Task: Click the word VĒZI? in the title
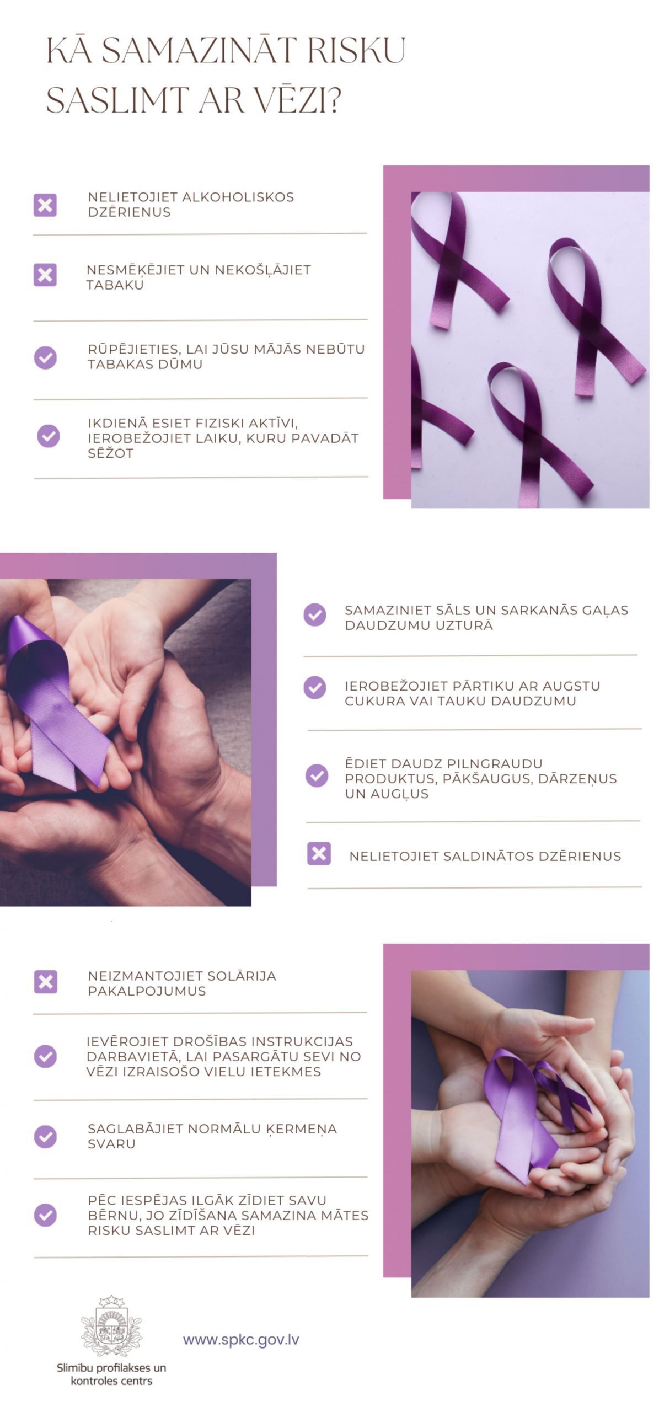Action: tap(287, 99)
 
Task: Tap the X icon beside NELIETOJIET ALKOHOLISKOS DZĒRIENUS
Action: tap(45, 205)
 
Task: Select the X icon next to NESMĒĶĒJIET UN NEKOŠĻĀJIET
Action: tap(45, 275)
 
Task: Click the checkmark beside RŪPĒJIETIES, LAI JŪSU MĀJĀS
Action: tap(45, 357)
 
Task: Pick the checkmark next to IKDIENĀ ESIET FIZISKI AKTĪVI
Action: tap(49, 436)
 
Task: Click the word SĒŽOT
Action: tap(111, 453)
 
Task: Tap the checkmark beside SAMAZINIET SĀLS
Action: tap(315, 614)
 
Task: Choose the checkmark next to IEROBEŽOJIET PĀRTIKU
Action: tap(315, 688)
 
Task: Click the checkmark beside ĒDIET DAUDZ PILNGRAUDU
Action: tap(317, 775)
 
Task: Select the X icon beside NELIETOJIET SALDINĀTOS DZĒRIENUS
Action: tap(319, 853)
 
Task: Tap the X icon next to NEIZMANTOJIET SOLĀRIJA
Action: tap(46, 982)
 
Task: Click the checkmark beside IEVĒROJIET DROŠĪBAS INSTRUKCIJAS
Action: tap(45, 1056)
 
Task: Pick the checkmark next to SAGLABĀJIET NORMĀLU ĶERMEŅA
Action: tap(45, 1136)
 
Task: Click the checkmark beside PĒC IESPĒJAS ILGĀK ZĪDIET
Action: tap(45, 1215)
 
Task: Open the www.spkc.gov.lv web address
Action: tap(241, 1340)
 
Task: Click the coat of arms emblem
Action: tap(111, 1327)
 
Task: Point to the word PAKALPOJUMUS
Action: tap(147, 991)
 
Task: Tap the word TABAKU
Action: tap(115, 285)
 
